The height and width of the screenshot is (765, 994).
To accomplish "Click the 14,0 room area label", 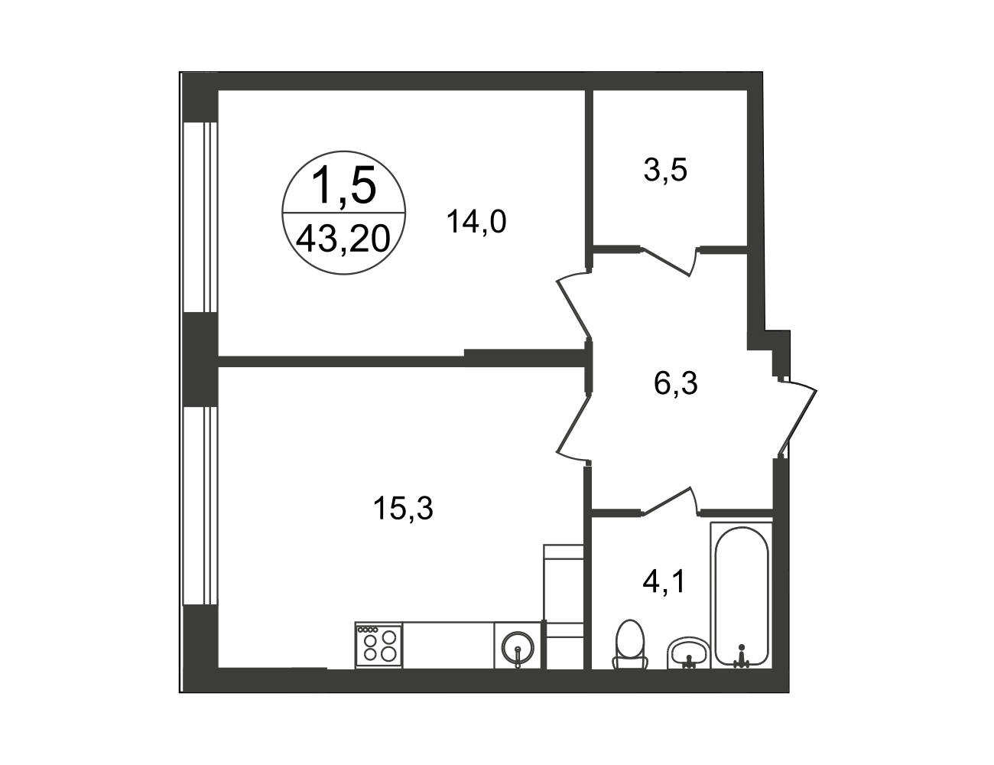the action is [476, 221].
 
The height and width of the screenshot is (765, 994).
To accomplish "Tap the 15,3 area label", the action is [402, 508].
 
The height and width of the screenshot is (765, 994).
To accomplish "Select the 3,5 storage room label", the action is [665, 170].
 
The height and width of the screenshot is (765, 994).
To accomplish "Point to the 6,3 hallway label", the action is [676, 382].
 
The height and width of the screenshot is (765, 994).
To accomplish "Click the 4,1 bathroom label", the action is [664, 582].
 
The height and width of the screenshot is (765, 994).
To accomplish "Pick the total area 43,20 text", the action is [343, 239].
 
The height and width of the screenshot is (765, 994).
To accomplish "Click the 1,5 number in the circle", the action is [343, 184].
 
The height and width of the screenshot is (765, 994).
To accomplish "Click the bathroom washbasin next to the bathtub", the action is [688, 652].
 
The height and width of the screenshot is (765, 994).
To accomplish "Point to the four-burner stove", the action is [378, 645].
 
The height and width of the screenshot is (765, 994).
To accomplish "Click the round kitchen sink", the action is [518, 647].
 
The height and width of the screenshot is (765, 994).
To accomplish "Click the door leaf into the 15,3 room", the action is [573, 429].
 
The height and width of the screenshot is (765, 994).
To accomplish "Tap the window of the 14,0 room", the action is [200, 217].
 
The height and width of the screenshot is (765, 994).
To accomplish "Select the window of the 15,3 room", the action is [200, 506].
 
